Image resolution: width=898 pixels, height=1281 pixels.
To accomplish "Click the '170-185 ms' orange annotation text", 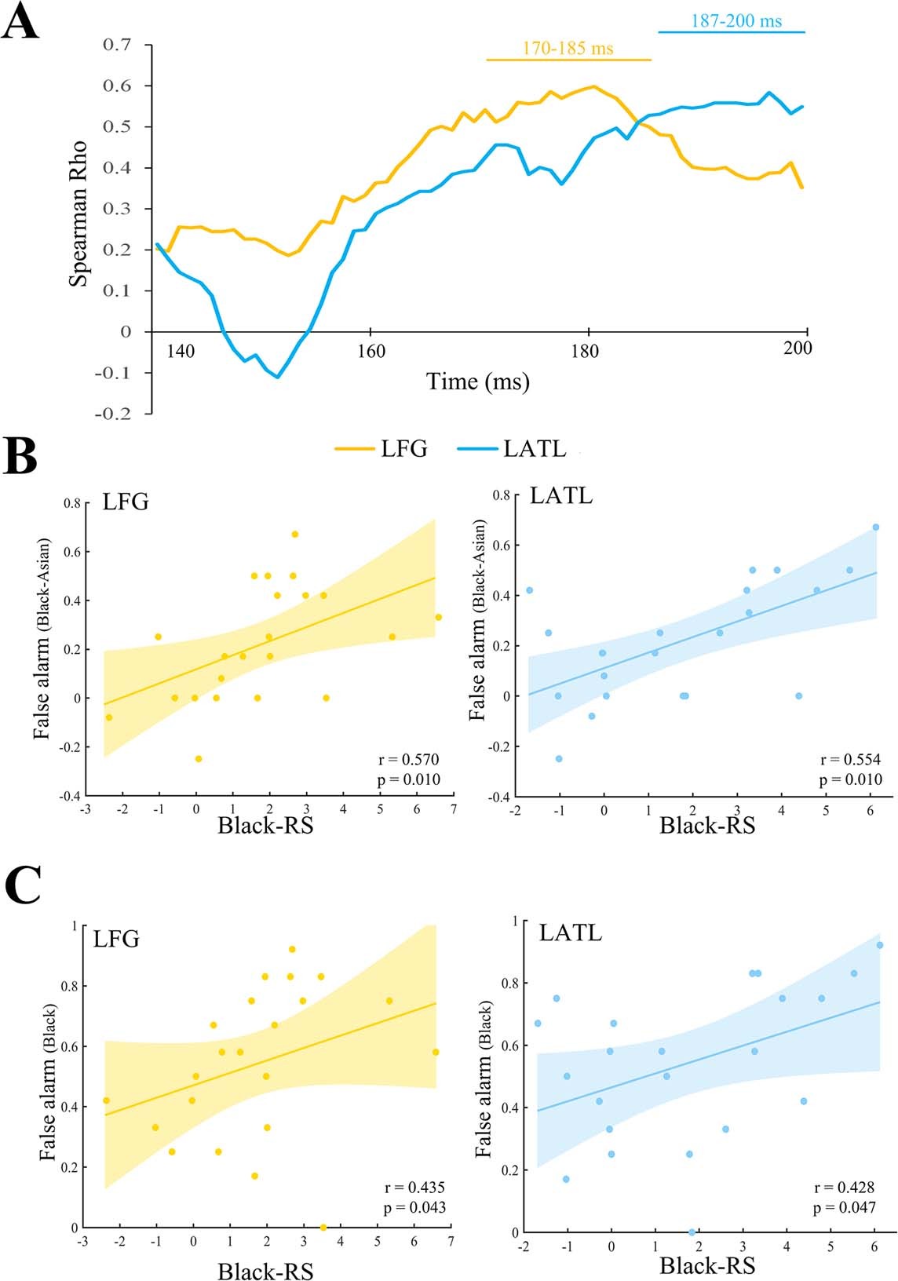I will [568, 48].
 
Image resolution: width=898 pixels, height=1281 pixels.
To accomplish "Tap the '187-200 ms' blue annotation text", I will [736, 20].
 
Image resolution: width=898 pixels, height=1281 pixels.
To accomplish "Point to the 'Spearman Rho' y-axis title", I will [78, 213].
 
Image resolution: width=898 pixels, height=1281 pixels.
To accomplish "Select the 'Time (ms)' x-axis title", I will [478, 382].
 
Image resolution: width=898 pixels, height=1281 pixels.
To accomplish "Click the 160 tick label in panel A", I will [370, 351].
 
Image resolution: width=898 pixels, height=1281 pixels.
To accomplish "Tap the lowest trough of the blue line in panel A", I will [278, 378].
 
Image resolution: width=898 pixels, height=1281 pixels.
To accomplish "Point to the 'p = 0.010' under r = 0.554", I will [850, 779].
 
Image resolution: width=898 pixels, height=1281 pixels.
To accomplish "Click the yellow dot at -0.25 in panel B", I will [199, 758].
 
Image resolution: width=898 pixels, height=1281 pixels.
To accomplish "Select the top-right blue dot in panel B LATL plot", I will [875, 527].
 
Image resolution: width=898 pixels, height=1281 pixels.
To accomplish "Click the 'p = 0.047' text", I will [844, 1208].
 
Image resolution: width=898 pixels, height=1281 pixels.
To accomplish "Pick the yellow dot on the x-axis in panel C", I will [323, 1227].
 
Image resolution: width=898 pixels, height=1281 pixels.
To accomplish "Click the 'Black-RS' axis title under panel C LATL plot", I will [707, 1265].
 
